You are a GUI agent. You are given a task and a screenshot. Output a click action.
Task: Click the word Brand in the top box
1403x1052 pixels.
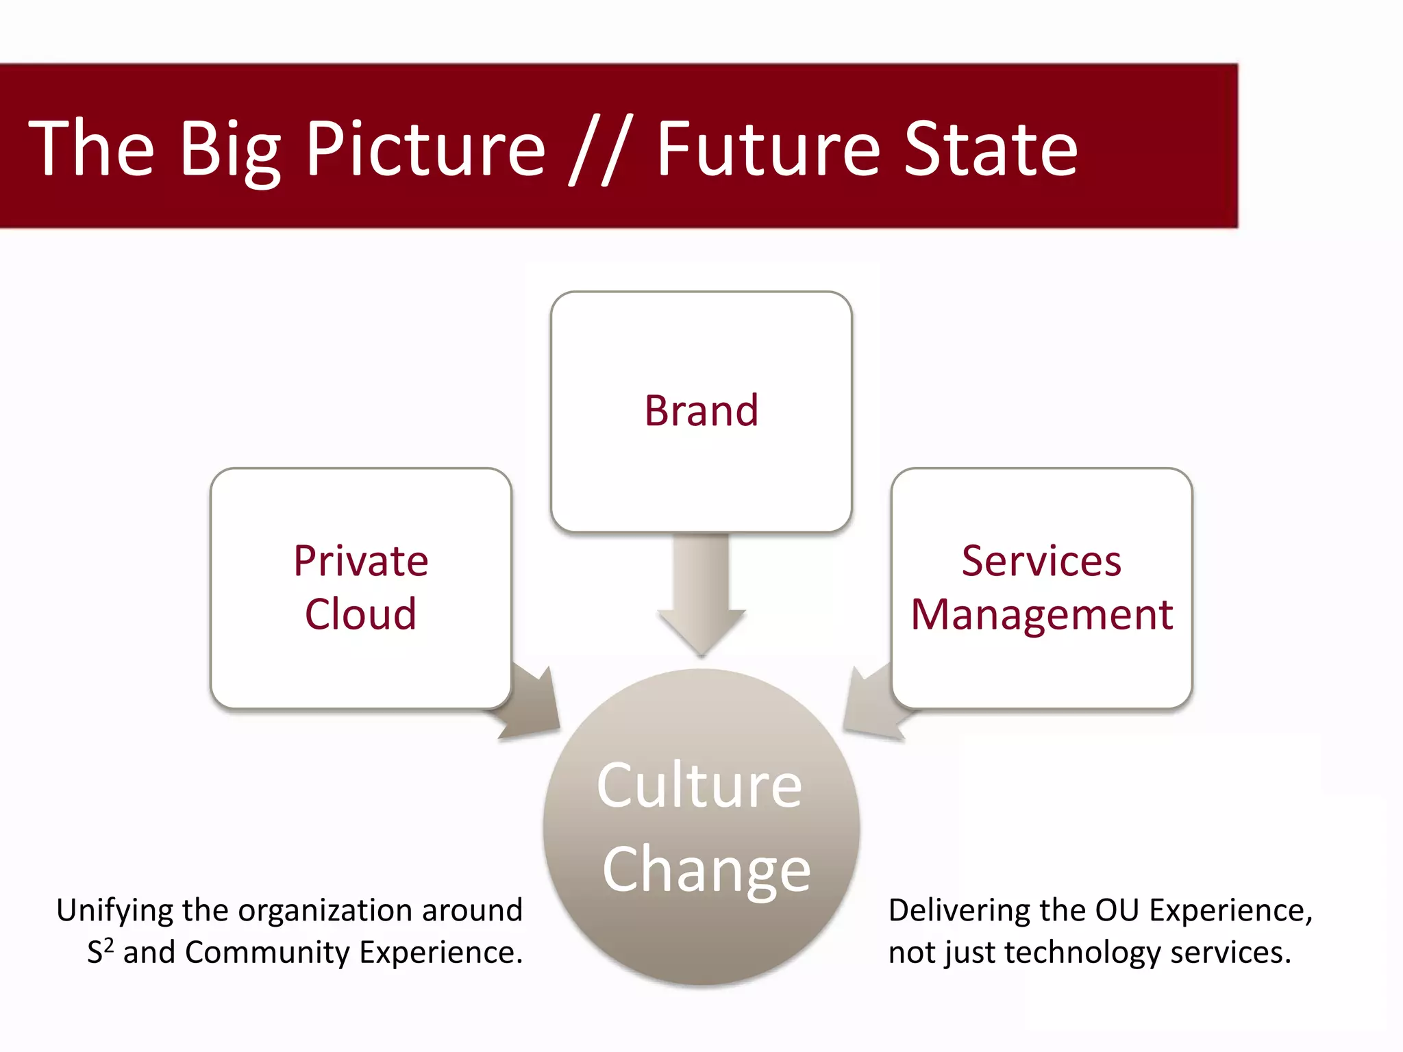coord(701,411)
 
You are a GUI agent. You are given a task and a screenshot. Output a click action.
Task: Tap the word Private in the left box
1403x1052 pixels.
coord(361,562)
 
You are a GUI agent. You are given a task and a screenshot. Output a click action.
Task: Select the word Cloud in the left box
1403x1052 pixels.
coord(360,614)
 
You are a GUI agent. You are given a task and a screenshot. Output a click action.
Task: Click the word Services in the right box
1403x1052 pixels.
coord(1041,562)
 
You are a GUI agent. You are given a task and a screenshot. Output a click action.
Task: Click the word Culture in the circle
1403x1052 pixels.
coord(699,786)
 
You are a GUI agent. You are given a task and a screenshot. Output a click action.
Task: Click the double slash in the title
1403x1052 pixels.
coord(597,151)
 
